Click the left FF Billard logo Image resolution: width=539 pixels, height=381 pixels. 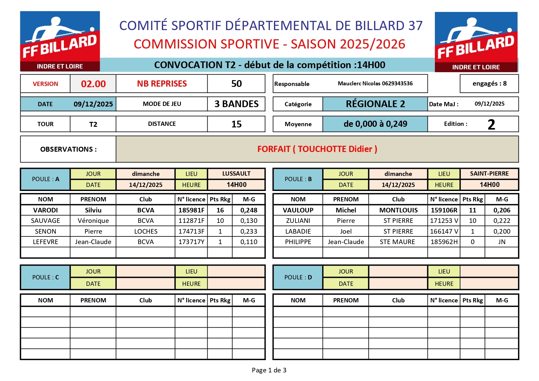(60, 41)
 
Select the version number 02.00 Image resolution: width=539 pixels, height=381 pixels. (93, 84)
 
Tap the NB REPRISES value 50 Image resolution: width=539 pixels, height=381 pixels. (236, 84)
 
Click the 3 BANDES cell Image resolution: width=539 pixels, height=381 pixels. (236, 104)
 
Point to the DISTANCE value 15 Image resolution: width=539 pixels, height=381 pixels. (236, 124)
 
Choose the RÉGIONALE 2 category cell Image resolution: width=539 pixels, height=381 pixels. (375, 104)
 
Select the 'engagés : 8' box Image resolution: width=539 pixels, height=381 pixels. (489, 84)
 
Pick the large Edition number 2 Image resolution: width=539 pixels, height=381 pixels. (491, 124)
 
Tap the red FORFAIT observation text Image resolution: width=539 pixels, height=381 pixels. (317, 149)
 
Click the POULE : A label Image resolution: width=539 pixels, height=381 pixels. (45, 179)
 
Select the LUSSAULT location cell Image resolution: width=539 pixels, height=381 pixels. (236, 174)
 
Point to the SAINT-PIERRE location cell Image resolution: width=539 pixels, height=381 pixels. (489, 174)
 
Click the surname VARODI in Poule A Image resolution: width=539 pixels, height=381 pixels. (45, 210)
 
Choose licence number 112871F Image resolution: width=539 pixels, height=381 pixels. (191, 221)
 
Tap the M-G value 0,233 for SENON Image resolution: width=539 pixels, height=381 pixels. (249, 231)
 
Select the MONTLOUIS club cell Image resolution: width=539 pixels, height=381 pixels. (398, 210)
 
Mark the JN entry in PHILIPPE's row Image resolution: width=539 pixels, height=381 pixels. (502, 242)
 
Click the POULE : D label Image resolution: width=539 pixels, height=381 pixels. (298, 278)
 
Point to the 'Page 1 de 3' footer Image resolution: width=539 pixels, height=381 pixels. (269, 370)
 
